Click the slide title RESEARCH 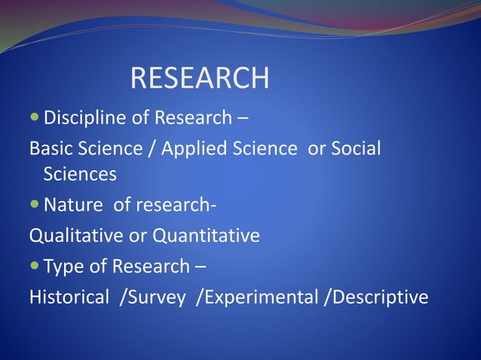[200, 78]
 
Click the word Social [355, 148]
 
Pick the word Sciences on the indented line [80, 175]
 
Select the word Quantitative [207, 236]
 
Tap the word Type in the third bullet [65, 267]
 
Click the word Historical [69, 297]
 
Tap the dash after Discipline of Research [244, 119]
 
